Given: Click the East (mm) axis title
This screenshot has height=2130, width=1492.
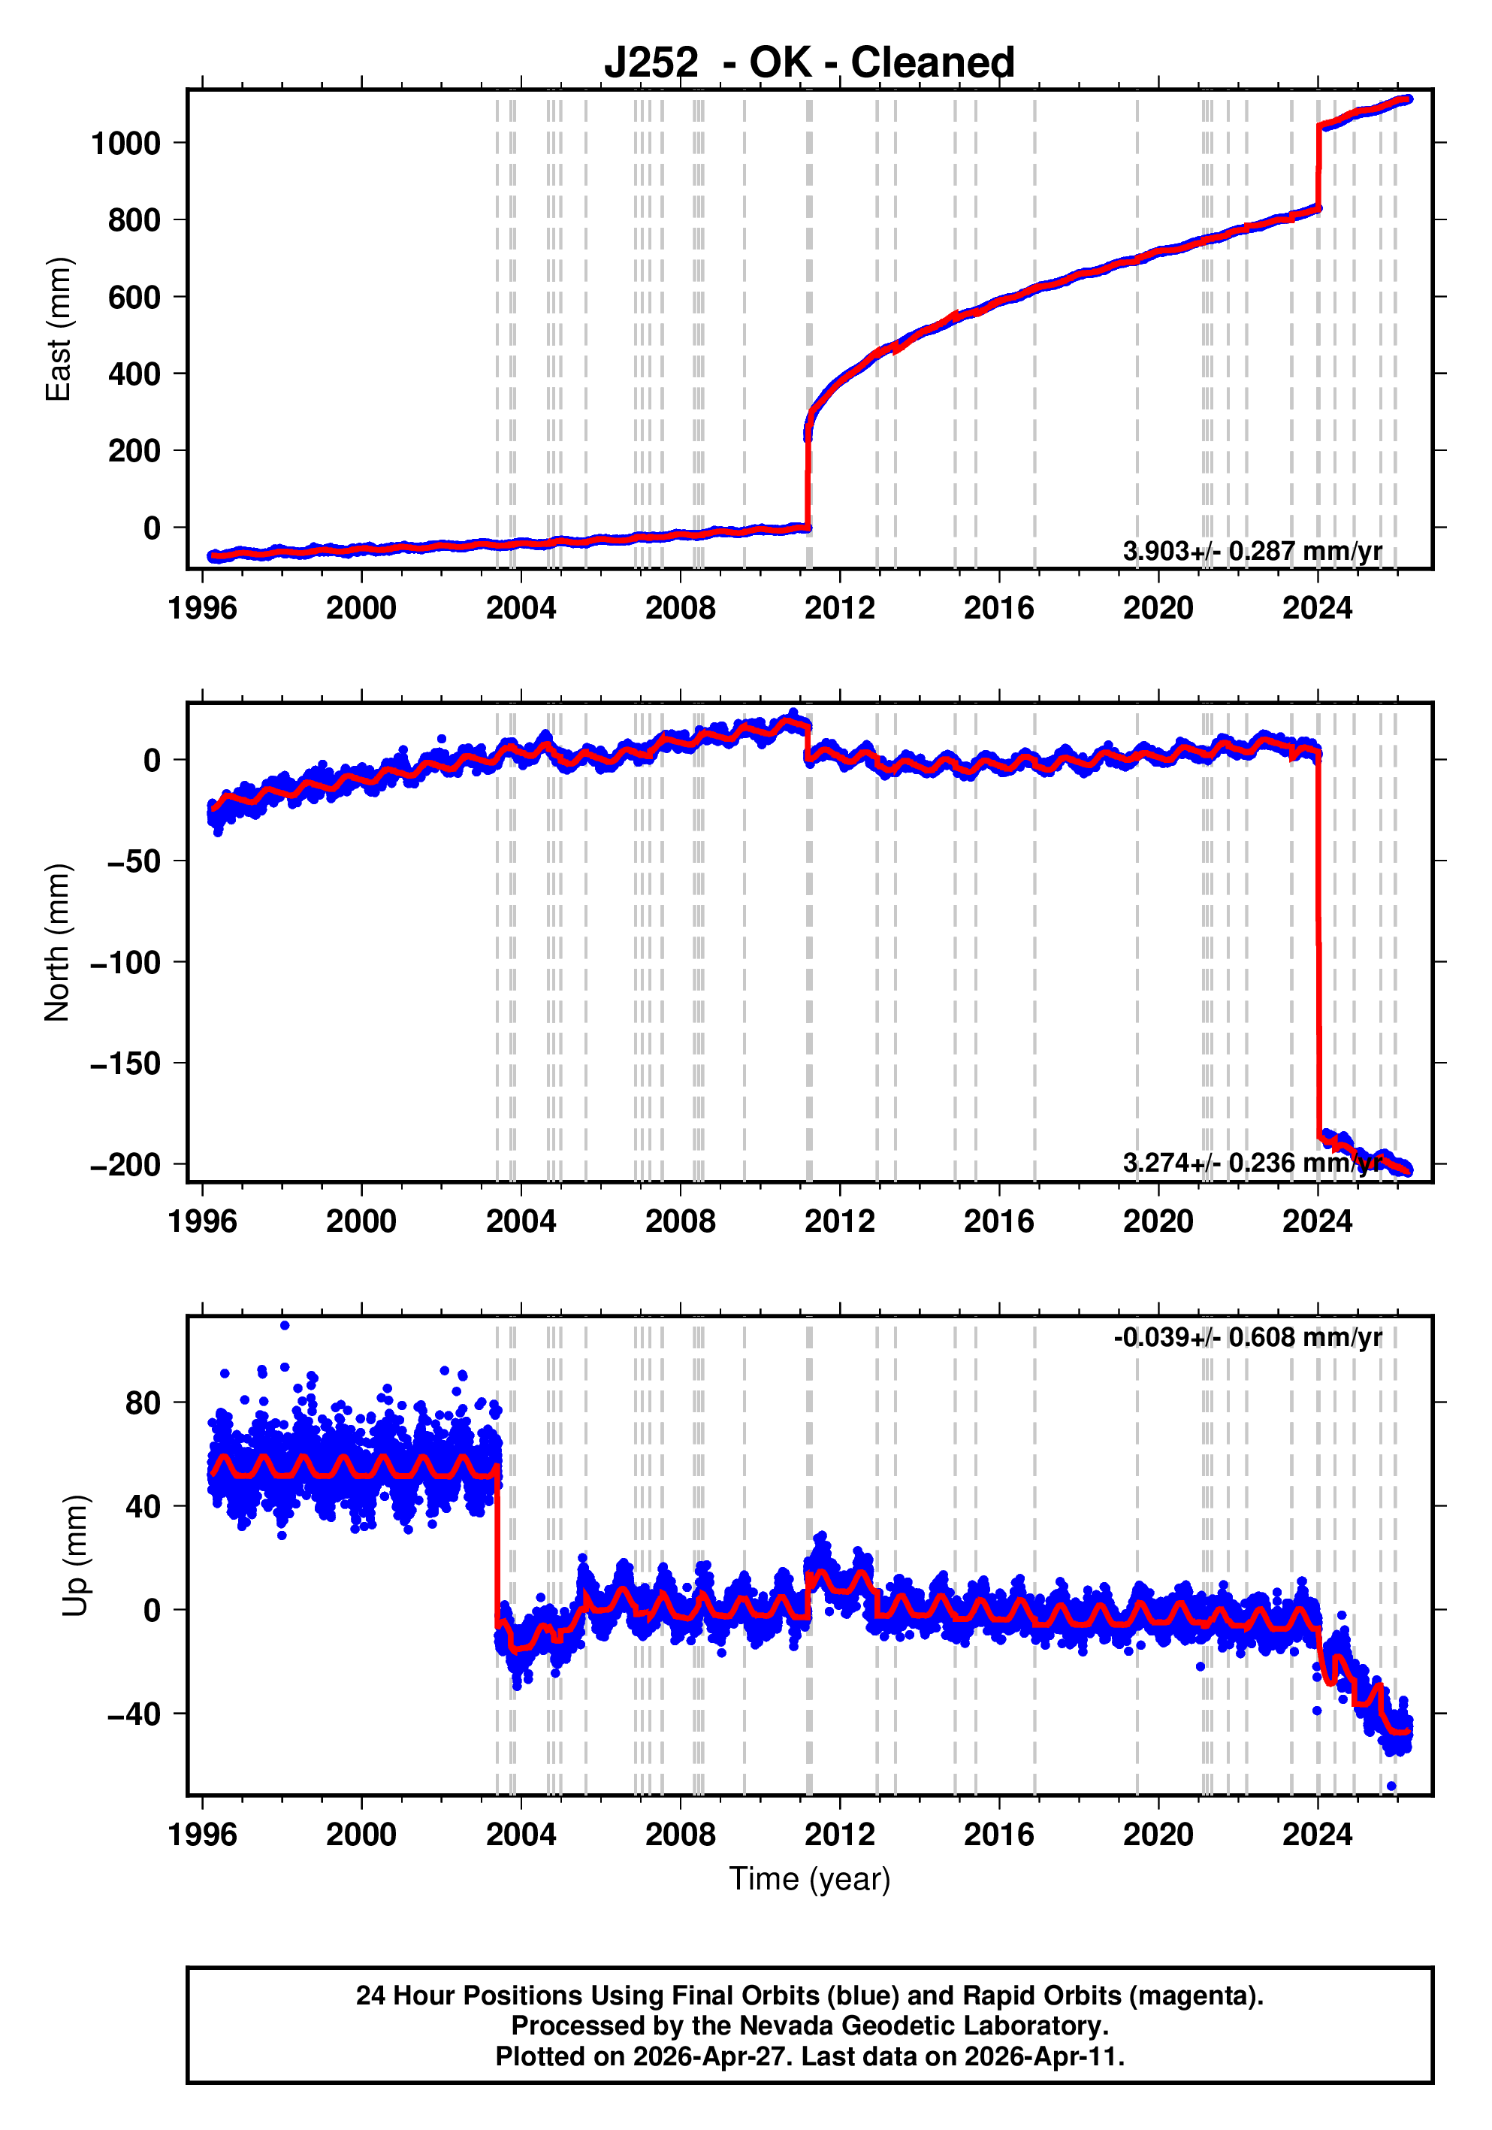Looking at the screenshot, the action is tap(59, 329).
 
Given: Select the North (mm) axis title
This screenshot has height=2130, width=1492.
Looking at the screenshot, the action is tap(58, 942).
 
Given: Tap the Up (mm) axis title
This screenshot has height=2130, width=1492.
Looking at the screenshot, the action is tap(76, 1556).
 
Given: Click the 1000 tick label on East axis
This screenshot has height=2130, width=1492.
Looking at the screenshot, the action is tap(126, 143).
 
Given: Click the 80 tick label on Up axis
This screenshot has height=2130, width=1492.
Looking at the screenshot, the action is tap(143, 1404).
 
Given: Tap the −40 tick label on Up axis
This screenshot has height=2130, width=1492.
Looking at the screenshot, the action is tap(134, 1714).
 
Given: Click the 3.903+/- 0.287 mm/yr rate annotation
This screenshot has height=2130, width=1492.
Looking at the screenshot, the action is tap(1252, 551).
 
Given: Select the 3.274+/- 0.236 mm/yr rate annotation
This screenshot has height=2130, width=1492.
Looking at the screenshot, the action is tap(1252, 1163).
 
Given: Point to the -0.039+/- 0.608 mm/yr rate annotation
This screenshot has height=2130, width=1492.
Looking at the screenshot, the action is tap(1247, 1337).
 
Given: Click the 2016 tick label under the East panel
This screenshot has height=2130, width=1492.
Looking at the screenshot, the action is tap(998, 609).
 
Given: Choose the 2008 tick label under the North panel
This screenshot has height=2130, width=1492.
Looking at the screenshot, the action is tap(681, 1222).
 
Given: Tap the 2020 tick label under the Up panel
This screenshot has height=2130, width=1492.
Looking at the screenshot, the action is tap(1158, 1835).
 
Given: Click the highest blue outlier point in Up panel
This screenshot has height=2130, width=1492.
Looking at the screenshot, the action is tap(285, 1326).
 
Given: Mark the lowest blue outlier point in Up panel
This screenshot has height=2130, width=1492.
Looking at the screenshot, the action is tap(1391, 1786).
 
